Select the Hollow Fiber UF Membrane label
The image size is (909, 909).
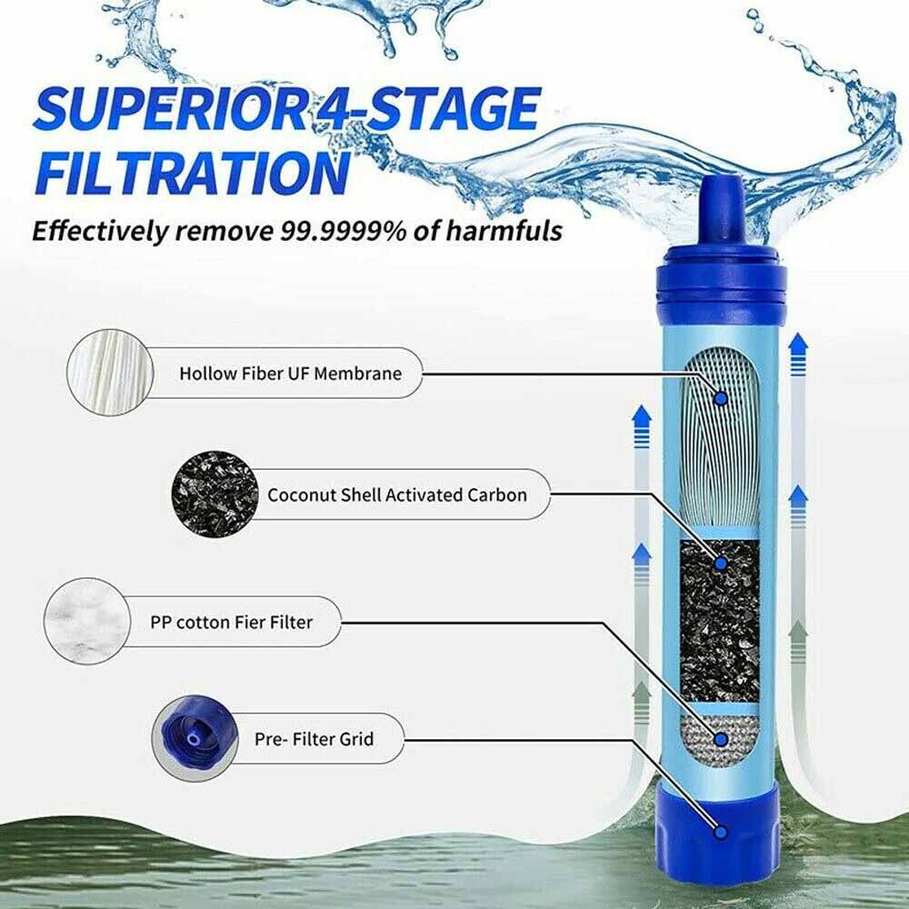(x=289, y=373)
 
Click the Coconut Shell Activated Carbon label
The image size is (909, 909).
(x=396, y=495)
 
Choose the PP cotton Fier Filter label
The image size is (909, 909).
(x=231, y=623)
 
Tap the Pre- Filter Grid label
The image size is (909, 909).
(x=313, y=738)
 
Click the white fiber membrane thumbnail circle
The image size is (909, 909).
(x=106, y=373)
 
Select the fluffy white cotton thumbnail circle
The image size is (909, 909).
(x=85, y=623)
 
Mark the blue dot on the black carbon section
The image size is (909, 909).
(x=721, y=564)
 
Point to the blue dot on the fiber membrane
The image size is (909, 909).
(x=721, y=398)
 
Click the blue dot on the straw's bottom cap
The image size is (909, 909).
(x=721, y=831)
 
